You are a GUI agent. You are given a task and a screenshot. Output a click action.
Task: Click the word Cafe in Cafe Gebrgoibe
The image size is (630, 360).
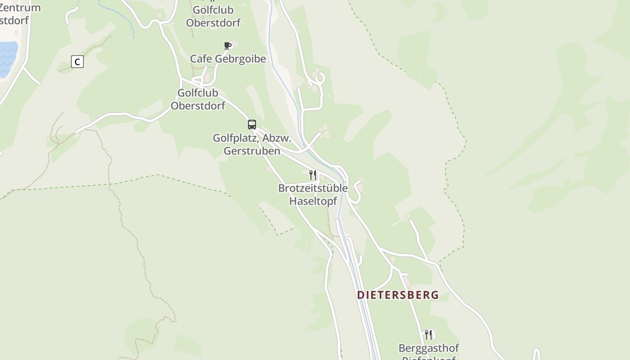(201, 59)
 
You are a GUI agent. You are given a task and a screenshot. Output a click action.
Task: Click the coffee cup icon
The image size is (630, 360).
(228, 45)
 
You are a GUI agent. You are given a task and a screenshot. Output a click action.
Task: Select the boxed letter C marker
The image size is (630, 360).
(77, 62)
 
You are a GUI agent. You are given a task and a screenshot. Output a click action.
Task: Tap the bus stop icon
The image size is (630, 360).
(252, 125)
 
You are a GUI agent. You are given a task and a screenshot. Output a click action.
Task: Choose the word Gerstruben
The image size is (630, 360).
(252, 151)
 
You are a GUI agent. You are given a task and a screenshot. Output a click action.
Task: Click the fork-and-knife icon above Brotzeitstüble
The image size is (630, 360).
(313, 175)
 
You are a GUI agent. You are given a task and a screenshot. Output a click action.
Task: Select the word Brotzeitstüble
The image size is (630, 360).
(313, 188)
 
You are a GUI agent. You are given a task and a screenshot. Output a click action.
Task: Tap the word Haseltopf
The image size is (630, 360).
(313, 201)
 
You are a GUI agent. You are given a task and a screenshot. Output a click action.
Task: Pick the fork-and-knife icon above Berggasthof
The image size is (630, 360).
(428, 334)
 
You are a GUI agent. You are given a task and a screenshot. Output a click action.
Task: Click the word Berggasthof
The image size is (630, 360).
(428, 348)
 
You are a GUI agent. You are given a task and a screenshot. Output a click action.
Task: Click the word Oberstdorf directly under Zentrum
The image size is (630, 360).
(14, 20)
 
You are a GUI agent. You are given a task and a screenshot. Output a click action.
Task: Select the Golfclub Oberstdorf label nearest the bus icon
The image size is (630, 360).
(198, 99)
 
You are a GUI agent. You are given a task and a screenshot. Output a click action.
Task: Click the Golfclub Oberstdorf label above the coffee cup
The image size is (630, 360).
(213, 16)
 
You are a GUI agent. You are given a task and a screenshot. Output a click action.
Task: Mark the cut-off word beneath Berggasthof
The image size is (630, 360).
(428, 358)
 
